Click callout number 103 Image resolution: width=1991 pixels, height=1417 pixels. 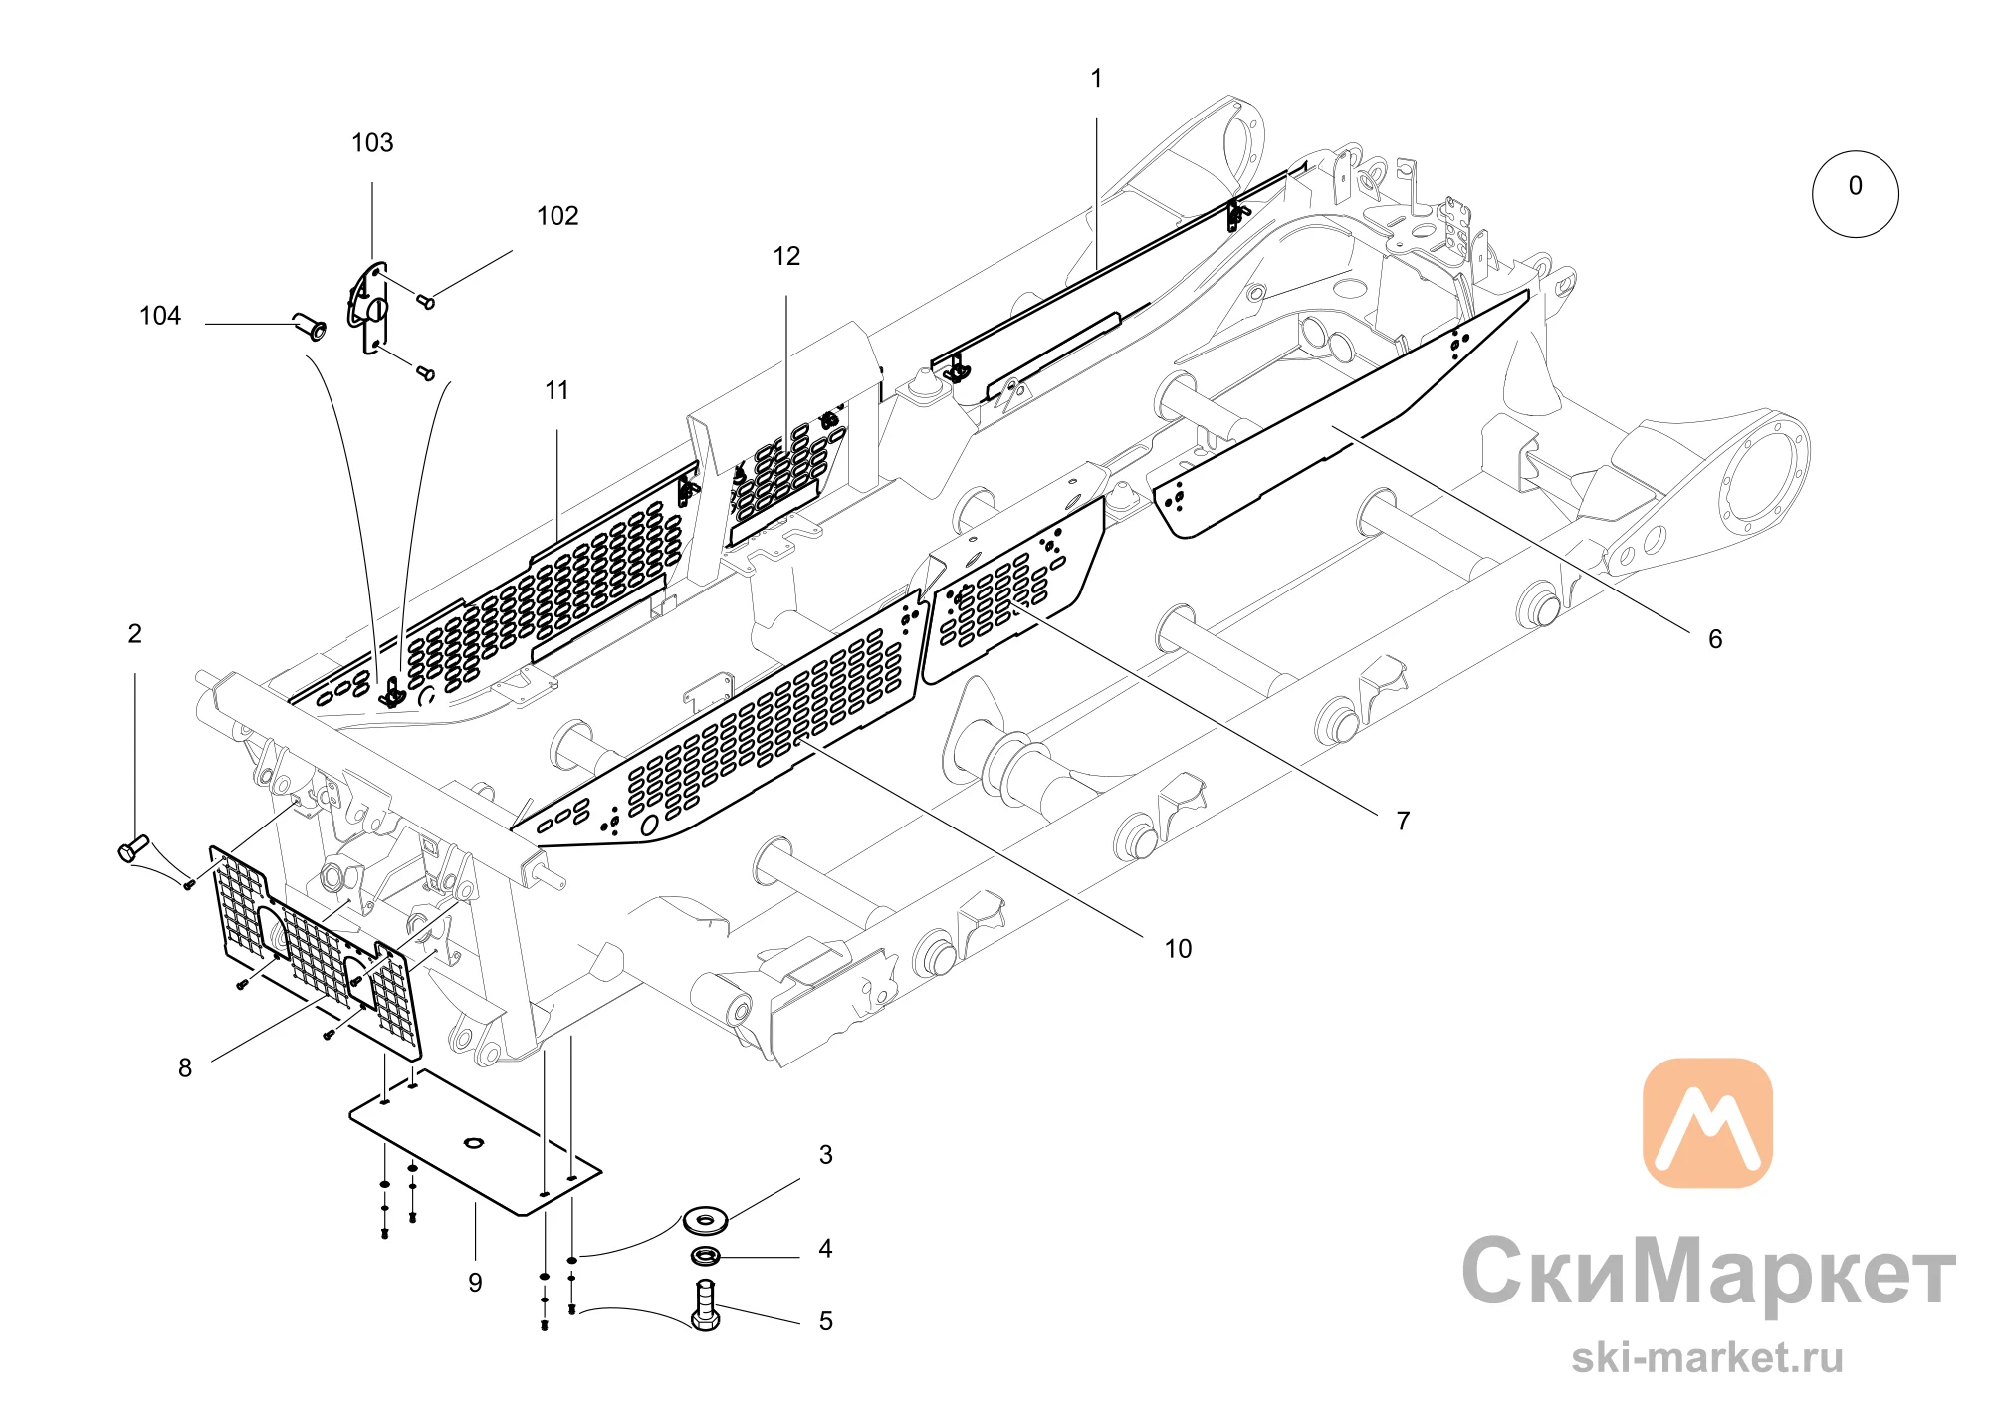tap(372, 143)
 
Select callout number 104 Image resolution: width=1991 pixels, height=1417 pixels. tap(160, 316)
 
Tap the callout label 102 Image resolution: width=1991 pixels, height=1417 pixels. tap(557, 216)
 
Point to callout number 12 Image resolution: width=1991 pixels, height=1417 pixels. tap(786, 257)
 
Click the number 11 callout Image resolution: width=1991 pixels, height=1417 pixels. tap(557, 391)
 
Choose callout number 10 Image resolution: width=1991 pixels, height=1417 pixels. tap(1178, 949)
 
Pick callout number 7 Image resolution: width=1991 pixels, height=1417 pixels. tap(1403, 821)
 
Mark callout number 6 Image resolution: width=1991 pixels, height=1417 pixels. tap(1715, 639)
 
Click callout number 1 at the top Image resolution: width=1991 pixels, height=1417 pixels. tap(1096, 79)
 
